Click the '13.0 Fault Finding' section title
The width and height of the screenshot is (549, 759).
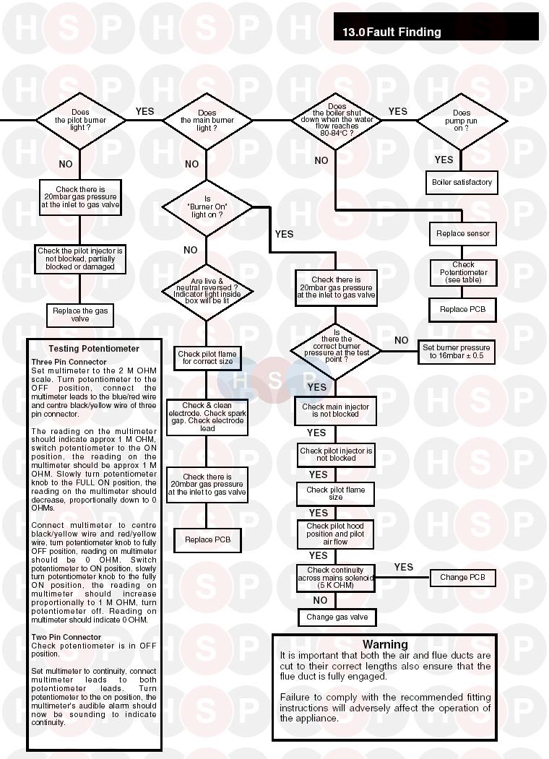coord(392,32)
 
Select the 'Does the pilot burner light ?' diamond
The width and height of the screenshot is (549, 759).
coord(80,120)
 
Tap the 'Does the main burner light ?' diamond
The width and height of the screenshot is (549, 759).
coord(207,121)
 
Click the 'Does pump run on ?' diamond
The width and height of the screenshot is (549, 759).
coord(462,121)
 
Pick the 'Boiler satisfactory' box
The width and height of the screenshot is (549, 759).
coord(462,182)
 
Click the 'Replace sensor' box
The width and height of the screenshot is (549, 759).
coord(462,233)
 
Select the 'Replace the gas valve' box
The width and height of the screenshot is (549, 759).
coord(80,314)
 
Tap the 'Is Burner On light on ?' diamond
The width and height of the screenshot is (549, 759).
coord(207,207)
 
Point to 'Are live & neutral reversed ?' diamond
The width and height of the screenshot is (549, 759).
coord(207,290)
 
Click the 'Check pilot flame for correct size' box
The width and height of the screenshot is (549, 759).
coord(207,357)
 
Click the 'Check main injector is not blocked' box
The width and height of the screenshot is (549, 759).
coord(335,410)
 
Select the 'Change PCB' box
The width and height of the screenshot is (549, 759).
coord(462,577)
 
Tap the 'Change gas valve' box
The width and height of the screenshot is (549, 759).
coord(337,617)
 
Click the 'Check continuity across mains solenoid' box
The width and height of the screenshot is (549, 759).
coord(335,578)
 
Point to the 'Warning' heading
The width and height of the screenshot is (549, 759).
coord(384,644)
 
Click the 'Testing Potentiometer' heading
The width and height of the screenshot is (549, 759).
coord(94,348)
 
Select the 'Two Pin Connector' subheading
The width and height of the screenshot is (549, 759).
coord(66,637)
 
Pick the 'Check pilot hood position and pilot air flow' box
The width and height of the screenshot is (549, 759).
coord(335,534)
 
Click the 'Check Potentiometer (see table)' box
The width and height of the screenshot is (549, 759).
coord(463,272)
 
